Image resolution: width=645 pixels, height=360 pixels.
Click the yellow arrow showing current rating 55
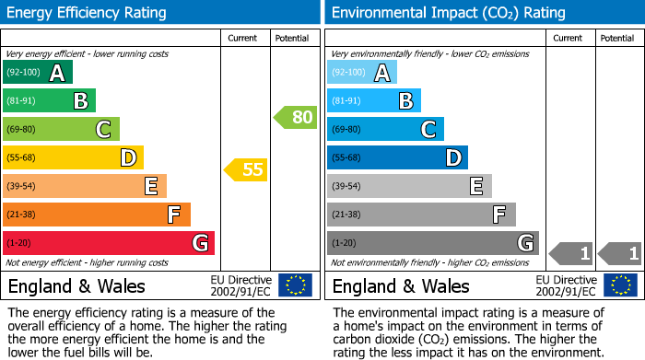coord(245,169)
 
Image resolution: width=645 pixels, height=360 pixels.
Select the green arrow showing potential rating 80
coord(294,118)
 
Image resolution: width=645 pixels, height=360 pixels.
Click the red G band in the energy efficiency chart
coord(109,243)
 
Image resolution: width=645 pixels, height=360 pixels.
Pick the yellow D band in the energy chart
coord(73,158)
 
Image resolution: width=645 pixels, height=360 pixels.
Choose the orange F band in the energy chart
coord(97,215)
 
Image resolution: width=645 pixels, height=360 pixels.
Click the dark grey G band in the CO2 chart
coord(432,243)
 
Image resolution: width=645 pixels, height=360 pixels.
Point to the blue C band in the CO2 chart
coord(385,130)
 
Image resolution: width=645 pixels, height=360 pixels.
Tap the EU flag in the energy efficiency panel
coord(295,285)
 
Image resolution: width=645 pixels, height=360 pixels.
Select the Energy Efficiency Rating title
coord(88,13)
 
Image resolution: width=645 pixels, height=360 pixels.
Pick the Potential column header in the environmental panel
coord(617,38)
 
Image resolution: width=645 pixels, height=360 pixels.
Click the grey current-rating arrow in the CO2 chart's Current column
coord(569,253)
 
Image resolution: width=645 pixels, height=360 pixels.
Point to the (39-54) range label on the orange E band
coord(22,187)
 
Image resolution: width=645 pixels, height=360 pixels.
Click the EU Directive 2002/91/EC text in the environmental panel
coord(566,285)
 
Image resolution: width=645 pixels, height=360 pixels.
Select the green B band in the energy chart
coord(49,101)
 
